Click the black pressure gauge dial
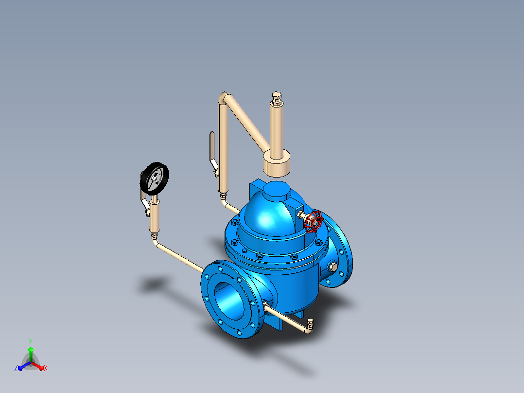pyautogui.click(x=155, y=179)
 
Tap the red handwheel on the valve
pyautogui.click(x=314, y=221)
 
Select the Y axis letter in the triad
pyautogui.click(x=31, y=342)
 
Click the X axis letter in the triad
pyautogui.click(x=46, y=368)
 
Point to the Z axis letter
pyautogui.click(x=16, y=368)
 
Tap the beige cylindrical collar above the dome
pyautogui.click(x=277, y=164)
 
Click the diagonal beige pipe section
pyautogui.click(x=248, y=123)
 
